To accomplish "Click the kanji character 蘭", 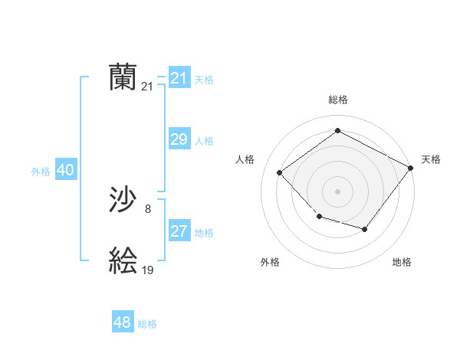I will coord(123,77).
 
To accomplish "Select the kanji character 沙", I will coord(123,201).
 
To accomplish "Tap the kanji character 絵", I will coord(123,261).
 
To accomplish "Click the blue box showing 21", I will coord(179,78).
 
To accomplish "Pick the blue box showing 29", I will coord(179,139).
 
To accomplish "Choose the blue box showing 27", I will coord(179,231).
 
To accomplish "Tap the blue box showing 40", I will coord(65,170).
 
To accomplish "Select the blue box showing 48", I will coord(122,322).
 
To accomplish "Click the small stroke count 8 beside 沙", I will coord(148,208).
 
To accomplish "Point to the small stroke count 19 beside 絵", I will coord(148,270).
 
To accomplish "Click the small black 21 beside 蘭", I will coord(148,87).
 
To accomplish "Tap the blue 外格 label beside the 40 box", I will coord(41,172).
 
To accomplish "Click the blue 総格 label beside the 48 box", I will coord(147,324).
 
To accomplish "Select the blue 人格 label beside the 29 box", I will coord(204,141).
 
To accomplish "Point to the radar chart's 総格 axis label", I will coord(338,100).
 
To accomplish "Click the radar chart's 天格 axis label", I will coord(431,159).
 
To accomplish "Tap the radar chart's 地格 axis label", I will coord(402,263).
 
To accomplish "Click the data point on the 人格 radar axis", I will coord(280,172).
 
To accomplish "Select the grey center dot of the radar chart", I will coord(337,191).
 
